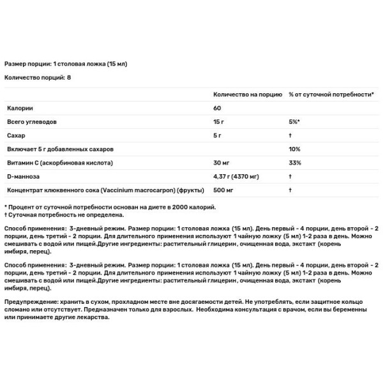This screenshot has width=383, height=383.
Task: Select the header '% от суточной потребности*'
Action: (x=331, y=94)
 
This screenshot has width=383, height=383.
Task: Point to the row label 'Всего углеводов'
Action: (x=32, y=121)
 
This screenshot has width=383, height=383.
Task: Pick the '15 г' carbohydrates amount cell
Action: (x=218, y=121)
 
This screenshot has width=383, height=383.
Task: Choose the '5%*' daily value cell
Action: (x=294, y=121)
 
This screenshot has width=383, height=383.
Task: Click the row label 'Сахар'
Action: (x=17, y=135)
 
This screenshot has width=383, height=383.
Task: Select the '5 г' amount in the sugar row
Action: (x=217, y=135)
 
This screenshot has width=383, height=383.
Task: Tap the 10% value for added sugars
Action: (x=294, y=149)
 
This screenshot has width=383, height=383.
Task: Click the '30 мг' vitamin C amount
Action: (x=221, y=163)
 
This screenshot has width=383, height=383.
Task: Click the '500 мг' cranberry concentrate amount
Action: (x=223, y=190)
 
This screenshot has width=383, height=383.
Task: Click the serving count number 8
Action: (x=69, y=77)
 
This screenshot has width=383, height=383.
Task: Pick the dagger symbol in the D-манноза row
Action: (x=290, y=177)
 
